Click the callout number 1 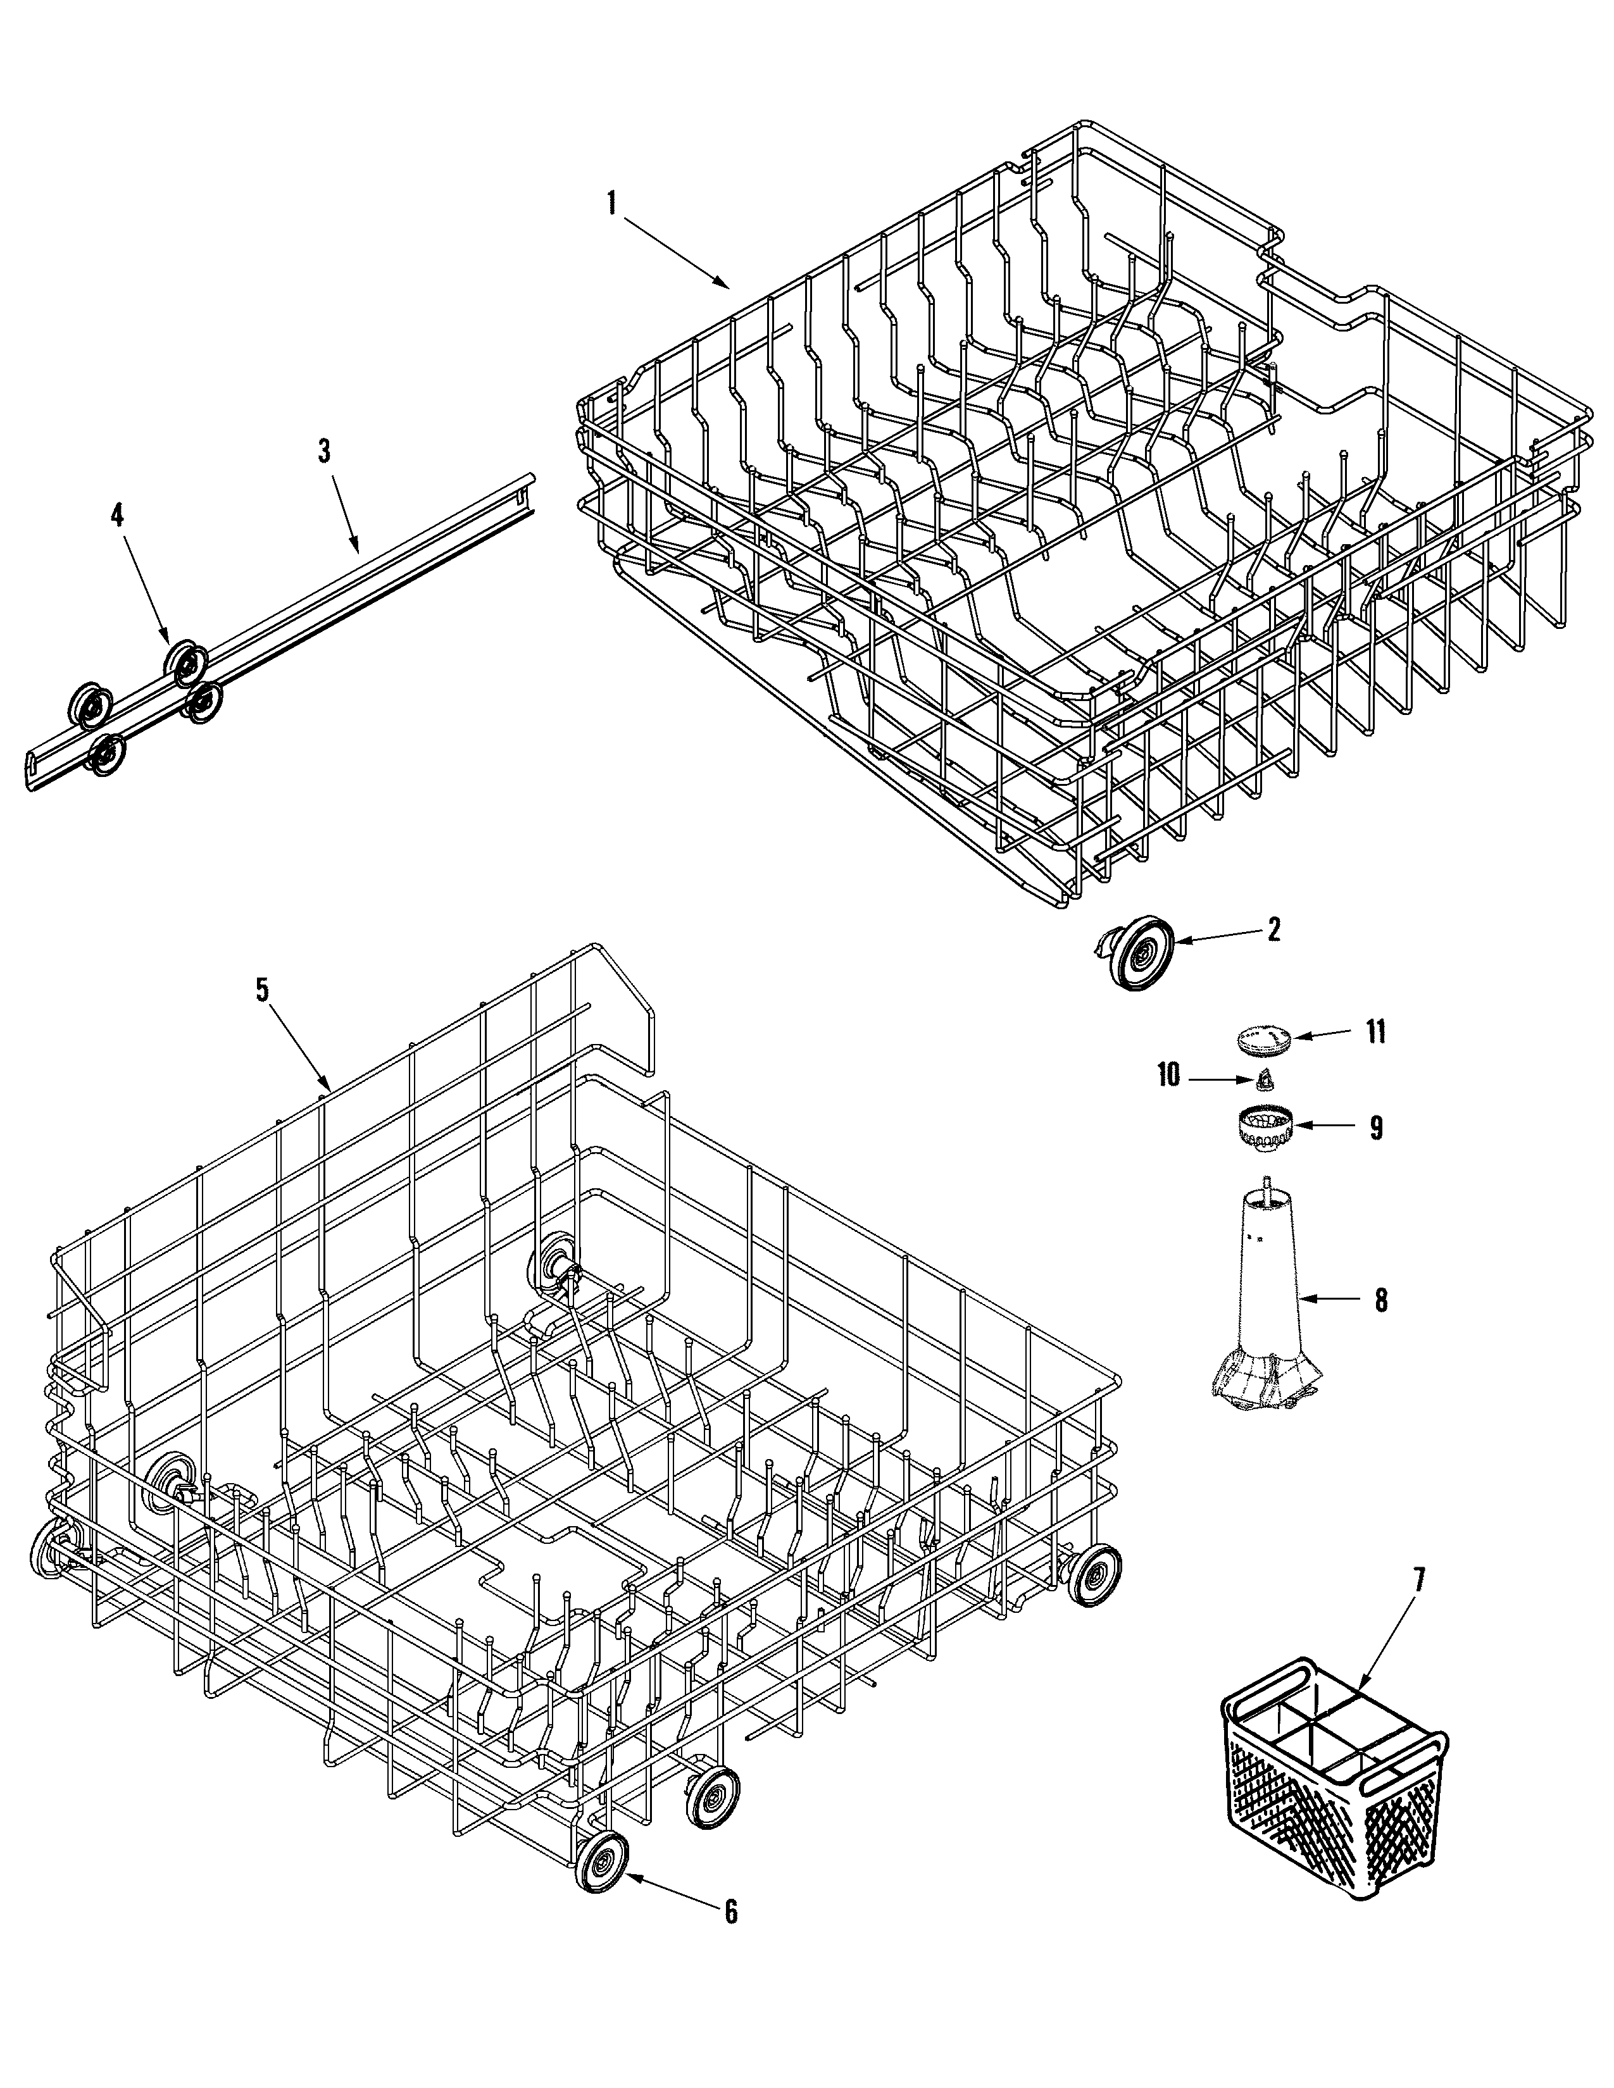click(612, 202)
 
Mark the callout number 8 click(1380, 1301)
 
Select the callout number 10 click(1168, 1074)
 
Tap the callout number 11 click(1375, 1033)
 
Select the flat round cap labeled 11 click(1264, 1038)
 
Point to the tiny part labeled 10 click(1265, 1080)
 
